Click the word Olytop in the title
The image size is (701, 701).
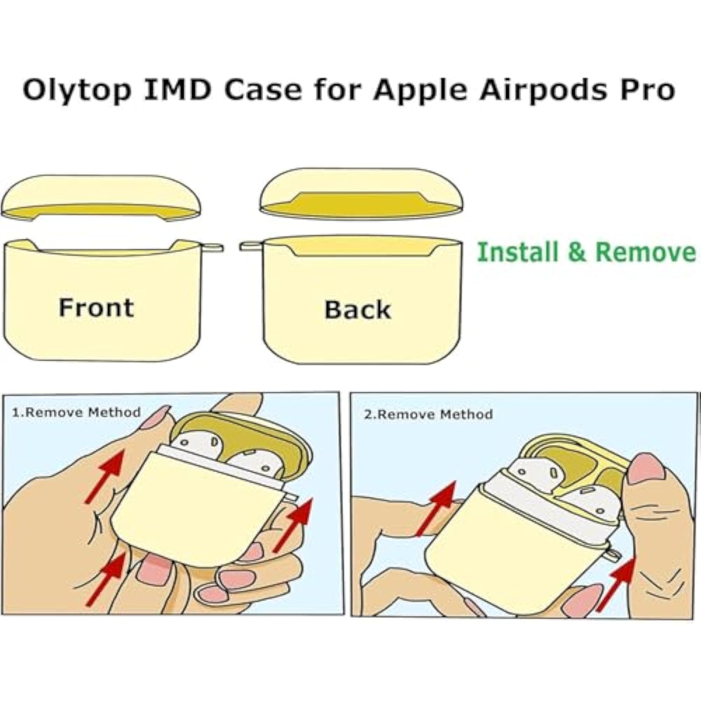[x=77, y=91]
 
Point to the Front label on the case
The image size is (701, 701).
[x=96, y=308]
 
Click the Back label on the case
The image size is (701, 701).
[x=358, y=309]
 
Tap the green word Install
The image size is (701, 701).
[x=517, y=252]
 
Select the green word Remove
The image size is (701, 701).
[x=645, y=252]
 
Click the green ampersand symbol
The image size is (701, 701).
[x=577, y=252]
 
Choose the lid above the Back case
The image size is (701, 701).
[x=361, y=193]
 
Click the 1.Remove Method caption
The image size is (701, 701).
[x=76, y=412]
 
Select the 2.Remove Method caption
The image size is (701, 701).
[x=428, y=415]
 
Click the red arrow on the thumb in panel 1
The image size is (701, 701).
[x=105, y=476]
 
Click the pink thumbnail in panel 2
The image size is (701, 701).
[x=646, y=468]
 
